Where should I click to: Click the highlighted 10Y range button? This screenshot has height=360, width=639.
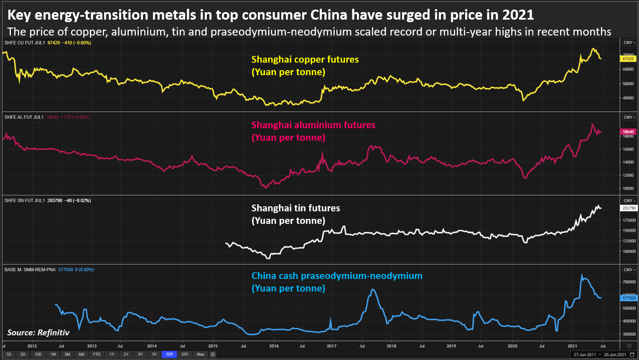169,355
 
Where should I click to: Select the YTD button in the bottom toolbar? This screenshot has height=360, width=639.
97,355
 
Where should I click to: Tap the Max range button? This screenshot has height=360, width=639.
201,355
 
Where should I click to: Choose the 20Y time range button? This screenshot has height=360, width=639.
185,355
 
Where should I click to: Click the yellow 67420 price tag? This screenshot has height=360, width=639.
628,59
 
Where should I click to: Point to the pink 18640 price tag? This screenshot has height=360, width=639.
628,132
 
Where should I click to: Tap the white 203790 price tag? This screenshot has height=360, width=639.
629,208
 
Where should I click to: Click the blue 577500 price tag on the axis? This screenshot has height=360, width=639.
629,298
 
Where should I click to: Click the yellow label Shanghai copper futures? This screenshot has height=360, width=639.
305,60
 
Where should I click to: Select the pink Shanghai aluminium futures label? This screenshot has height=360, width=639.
313,125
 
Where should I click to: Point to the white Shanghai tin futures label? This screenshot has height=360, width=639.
296,208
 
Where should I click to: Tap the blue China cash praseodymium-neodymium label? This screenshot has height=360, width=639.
337,276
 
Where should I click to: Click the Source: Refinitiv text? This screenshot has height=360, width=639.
38,333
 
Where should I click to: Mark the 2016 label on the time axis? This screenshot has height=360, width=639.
274,346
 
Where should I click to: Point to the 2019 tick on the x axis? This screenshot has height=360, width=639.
451,346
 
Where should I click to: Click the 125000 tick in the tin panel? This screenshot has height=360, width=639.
629,241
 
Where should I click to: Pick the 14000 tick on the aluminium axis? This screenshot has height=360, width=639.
628,162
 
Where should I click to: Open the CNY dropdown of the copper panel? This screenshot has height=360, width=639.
629,43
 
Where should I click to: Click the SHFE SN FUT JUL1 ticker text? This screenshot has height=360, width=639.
24,200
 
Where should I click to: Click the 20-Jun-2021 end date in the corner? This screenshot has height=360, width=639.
615,355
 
